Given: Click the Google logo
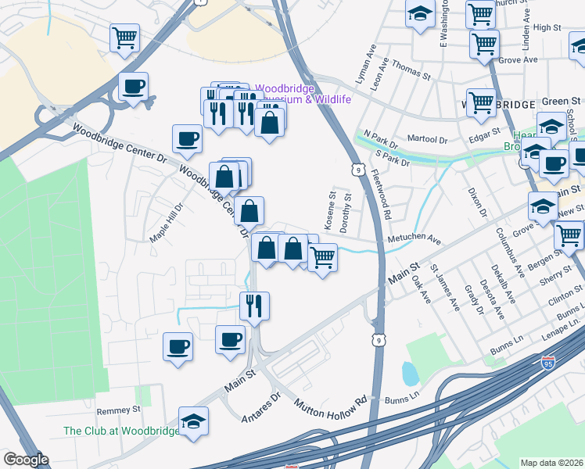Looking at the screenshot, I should (x=25, y=460).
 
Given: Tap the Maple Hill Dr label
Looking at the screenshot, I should (x=167, y=222).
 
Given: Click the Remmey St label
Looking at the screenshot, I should (x=117, y=410).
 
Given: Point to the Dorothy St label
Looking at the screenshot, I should (x=346, y=210).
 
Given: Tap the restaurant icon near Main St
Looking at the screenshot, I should (x=254, y=304).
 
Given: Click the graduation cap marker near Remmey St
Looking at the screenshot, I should (x=193, y=421).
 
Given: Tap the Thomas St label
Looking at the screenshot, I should (x=411, y=75).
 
